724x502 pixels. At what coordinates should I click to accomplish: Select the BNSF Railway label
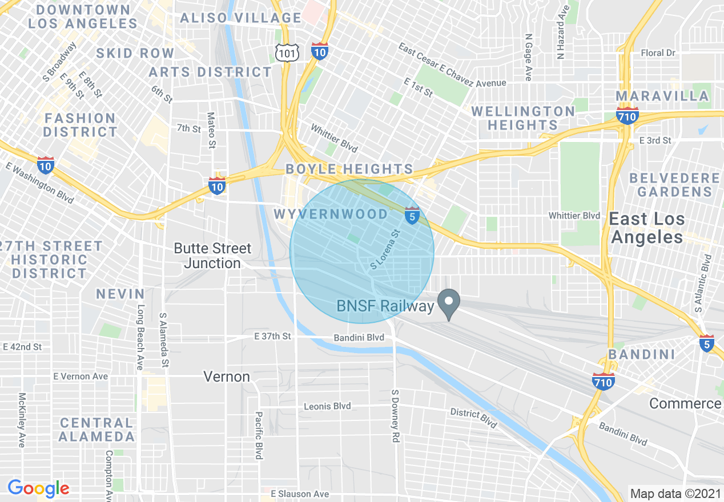[x=385, y=306]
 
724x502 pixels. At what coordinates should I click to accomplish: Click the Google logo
[x=38, y=488]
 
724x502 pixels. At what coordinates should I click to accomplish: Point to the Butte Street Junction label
[x=212, y=256]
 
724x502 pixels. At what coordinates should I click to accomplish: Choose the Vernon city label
[x=227, y=376]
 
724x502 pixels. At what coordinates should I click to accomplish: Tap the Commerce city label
[x=685, y=403]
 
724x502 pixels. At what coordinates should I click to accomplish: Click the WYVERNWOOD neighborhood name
[x=331, y=214]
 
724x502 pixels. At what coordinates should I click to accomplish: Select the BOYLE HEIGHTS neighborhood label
[x=349, y=169]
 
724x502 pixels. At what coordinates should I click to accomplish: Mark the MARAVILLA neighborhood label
[x=662, y=95]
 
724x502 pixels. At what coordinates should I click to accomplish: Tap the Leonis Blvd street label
[x=327, y=406]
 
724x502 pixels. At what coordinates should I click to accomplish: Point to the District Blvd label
[x=473, y=417]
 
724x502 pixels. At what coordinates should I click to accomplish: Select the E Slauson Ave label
[x=300, y=493]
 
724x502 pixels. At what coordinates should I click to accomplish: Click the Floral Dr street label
[x=658, y=53]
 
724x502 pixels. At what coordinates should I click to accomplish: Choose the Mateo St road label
[x=211, y=130]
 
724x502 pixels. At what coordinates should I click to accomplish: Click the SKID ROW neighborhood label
[x=135, y=53]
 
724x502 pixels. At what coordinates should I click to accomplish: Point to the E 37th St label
[x=272, y=337]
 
